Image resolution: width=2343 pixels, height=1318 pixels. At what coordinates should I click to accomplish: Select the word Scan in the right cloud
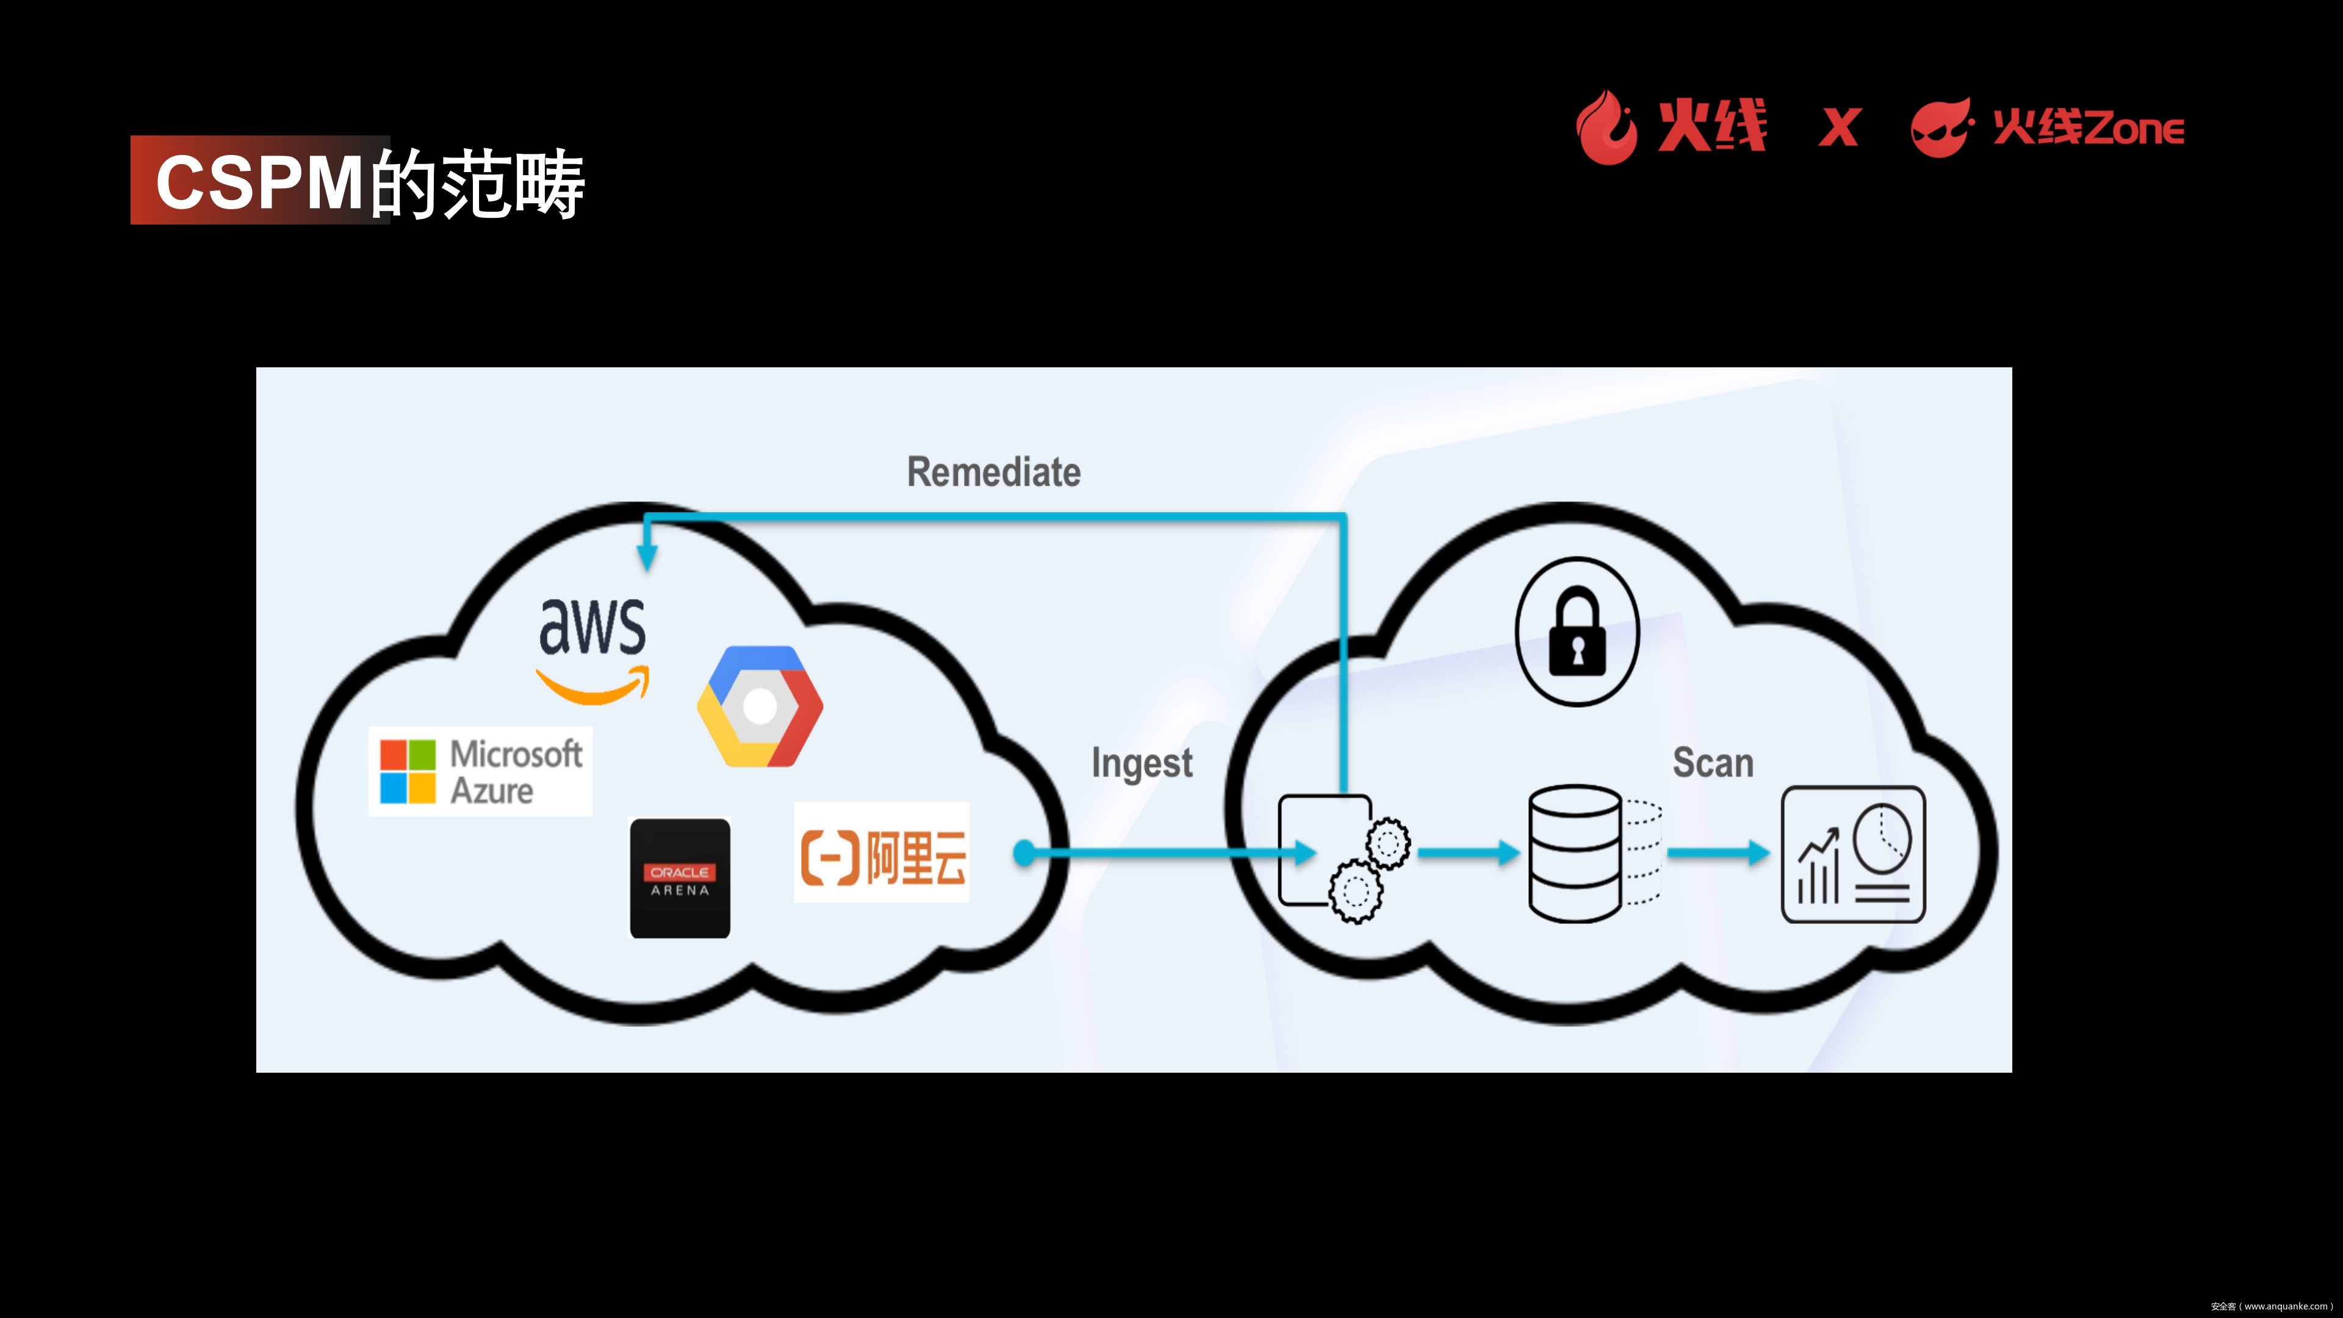pyautogui.click(x=1713, y=762)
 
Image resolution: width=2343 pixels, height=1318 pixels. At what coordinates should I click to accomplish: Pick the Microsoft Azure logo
pyautogui.click(x=480, y=771)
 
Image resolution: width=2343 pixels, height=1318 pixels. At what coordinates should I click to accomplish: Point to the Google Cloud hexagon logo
pyautogui.click(x=760, y=706)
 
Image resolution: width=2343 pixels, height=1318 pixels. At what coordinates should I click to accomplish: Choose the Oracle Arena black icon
pyautogui.click(x=680, y=879)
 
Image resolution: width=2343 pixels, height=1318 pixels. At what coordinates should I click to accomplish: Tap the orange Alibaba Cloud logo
pyautogui.click(x=882, y=853)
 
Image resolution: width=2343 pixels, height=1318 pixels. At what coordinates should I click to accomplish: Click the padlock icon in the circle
pyautogui.click(x=1577, y=632)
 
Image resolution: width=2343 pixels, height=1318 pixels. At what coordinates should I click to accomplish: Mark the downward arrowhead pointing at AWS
pyautogui.click(x=647, y=556)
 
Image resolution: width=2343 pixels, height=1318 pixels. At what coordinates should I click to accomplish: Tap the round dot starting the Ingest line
pyautogui.click(x=1024, y=853)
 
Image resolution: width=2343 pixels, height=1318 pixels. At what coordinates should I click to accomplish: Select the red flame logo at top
pyautogui.click(x=1607, y=128)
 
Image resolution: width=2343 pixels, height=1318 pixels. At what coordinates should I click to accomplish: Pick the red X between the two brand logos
pyautogui.click(x=1839, y=128)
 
